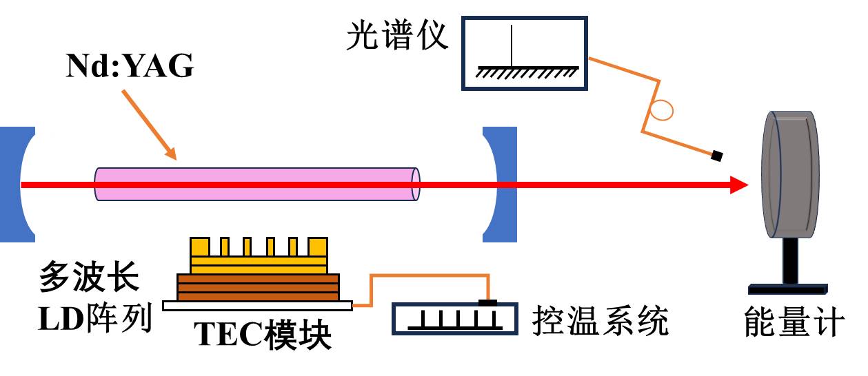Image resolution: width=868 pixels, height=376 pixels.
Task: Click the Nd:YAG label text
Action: click(130, 67)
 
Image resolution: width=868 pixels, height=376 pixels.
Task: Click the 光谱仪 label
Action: click(397, 36)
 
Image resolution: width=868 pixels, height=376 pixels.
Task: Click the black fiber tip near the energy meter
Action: click(717, 156)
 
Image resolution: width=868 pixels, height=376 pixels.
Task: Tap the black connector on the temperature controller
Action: click(487, 302)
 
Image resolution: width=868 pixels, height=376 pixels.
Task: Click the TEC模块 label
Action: click(262, 337)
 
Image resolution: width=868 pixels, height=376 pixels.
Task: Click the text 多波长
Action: click(88, 279)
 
